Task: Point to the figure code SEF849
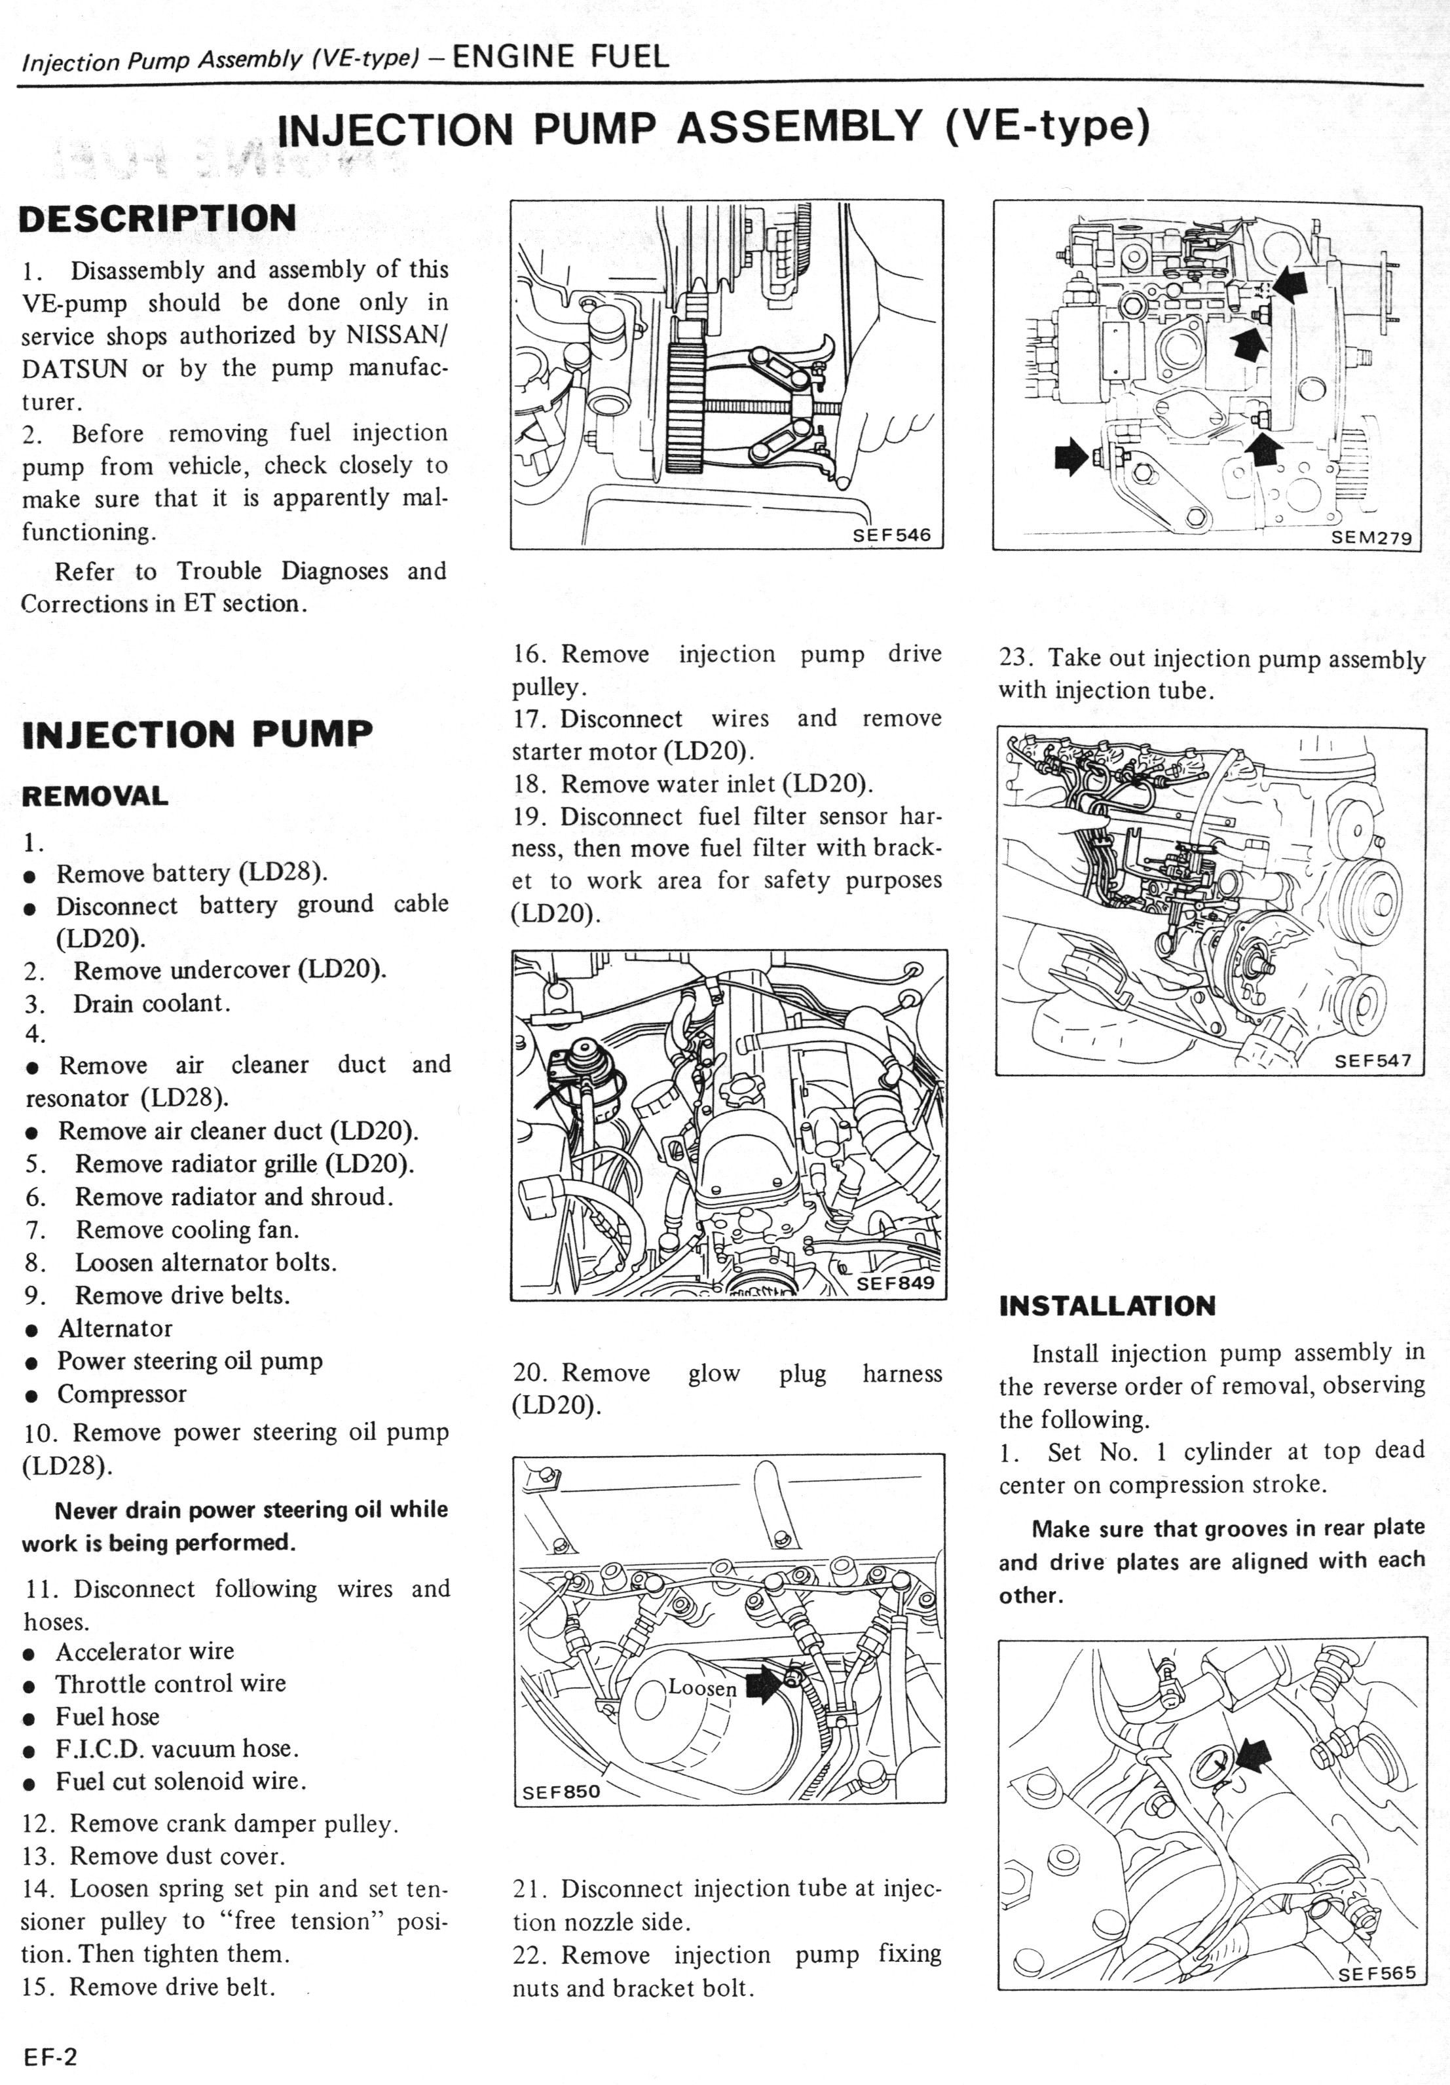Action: coord(895,1283)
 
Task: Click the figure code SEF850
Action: coord(561,1792)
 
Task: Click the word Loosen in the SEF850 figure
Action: coord(703,1687)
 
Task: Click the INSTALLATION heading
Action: coord(1107,1306)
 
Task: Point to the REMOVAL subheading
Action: coord(94,797)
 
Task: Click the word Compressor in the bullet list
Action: coord(122,1394)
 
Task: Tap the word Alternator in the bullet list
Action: coord(115,1328)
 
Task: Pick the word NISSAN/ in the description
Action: coord(398,335)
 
